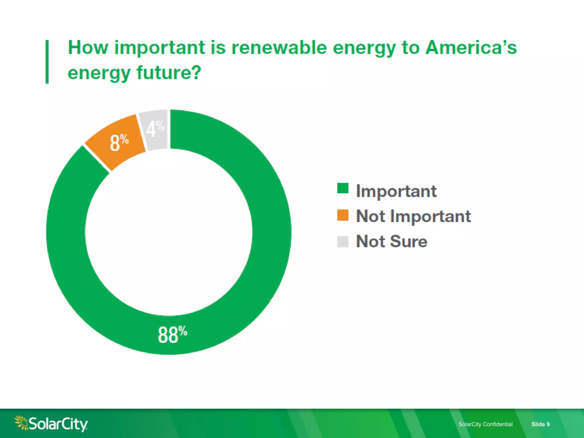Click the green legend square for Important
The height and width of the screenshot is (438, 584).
pos(342,188)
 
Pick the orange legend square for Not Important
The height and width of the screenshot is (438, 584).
pos(342,215)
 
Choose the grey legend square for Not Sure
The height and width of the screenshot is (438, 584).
pos(342,242)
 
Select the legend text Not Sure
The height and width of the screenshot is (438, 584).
pos(392,241)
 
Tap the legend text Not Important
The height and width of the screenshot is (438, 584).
pos(413,216)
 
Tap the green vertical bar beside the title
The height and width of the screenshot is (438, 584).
pos(47,62)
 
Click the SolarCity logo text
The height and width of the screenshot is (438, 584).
pos(58,424)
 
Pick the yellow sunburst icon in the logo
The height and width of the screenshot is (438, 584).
pos(21,422)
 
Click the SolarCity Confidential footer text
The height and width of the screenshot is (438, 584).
pos(485,424)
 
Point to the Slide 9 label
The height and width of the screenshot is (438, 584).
pos(540,424)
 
